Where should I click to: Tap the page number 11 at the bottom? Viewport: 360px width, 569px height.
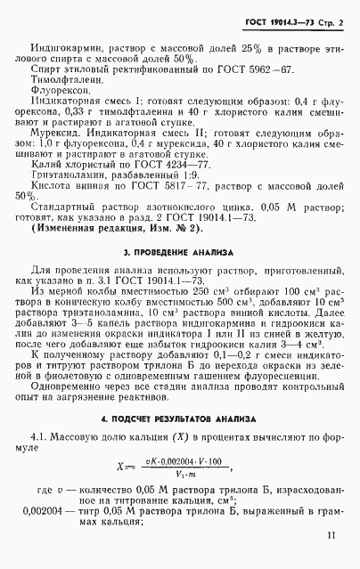pos(331,536)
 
